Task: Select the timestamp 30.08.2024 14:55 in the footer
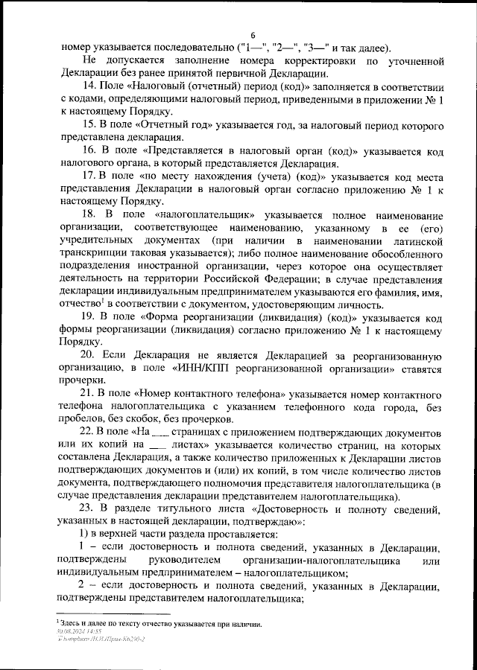click(80, 630)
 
